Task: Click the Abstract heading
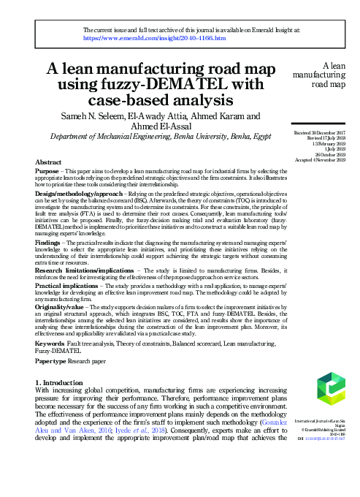[47, 161]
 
